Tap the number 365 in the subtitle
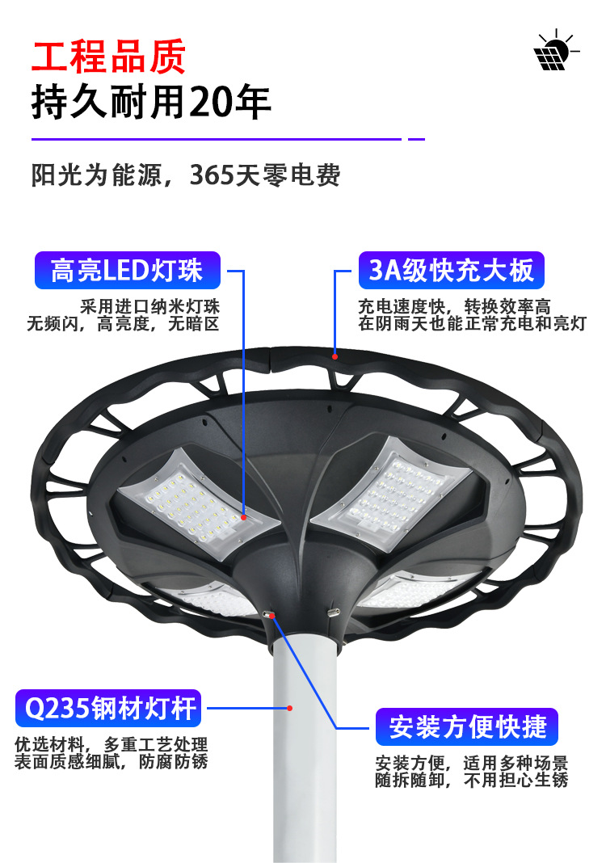[210, 175]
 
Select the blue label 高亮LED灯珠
[127, 270]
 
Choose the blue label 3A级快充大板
[451, 270]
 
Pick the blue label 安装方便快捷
[468, 726]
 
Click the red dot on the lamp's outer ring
[334, 354]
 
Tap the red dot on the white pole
[290, 707]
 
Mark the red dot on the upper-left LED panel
[244, 516]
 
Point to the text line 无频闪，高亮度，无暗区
[123, 325]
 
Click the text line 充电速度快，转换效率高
[454, 307]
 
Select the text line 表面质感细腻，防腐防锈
[111, 761]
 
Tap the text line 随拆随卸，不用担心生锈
[471, 780]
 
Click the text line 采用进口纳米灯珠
[150, 307]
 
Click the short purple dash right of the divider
[416, 139]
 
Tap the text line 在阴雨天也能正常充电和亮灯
[472, 325]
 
